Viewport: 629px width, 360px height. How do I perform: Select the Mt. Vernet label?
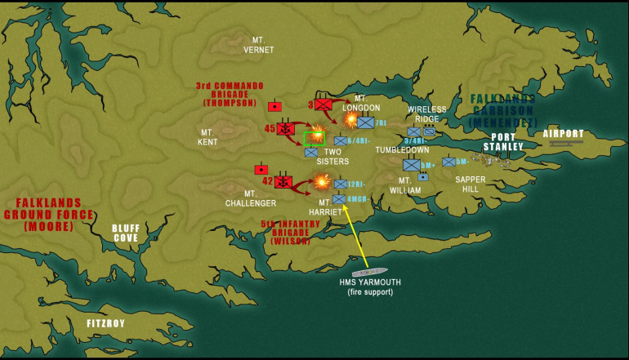pyautogui.click(x=260, y=45)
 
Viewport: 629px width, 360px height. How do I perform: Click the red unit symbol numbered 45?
pyautogui.click(x=286, y=128)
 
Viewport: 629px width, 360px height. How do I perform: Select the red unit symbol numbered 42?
pyautogui.click(x=283, y=181)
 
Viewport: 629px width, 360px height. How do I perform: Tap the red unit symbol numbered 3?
pyautogui.click(x=323, y=104)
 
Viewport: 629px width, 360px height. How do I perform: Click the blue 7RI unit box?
pyautogui.click(x=365, y=122)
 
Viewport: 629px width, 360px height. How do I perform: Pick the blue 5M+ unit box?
pyautogui.click(x=412, y=165)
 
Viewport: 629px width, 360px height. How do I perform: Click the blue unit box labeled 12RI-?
pyautogui.click(x=341, y=184)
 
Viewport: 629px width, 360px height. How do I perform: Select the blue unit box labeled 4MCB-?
pyautogui.click(x=339, y=198)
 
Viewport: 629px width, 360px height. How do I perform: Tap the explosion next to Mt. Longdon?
pyautogui.click(x=350, y=119)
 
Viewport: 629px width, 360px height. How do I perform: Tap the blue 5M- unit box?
pyautogui.click(x=448, y=162)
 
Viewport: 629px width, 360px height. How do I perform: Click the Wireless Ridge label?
pyautogui.click(x=427, y=113)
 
